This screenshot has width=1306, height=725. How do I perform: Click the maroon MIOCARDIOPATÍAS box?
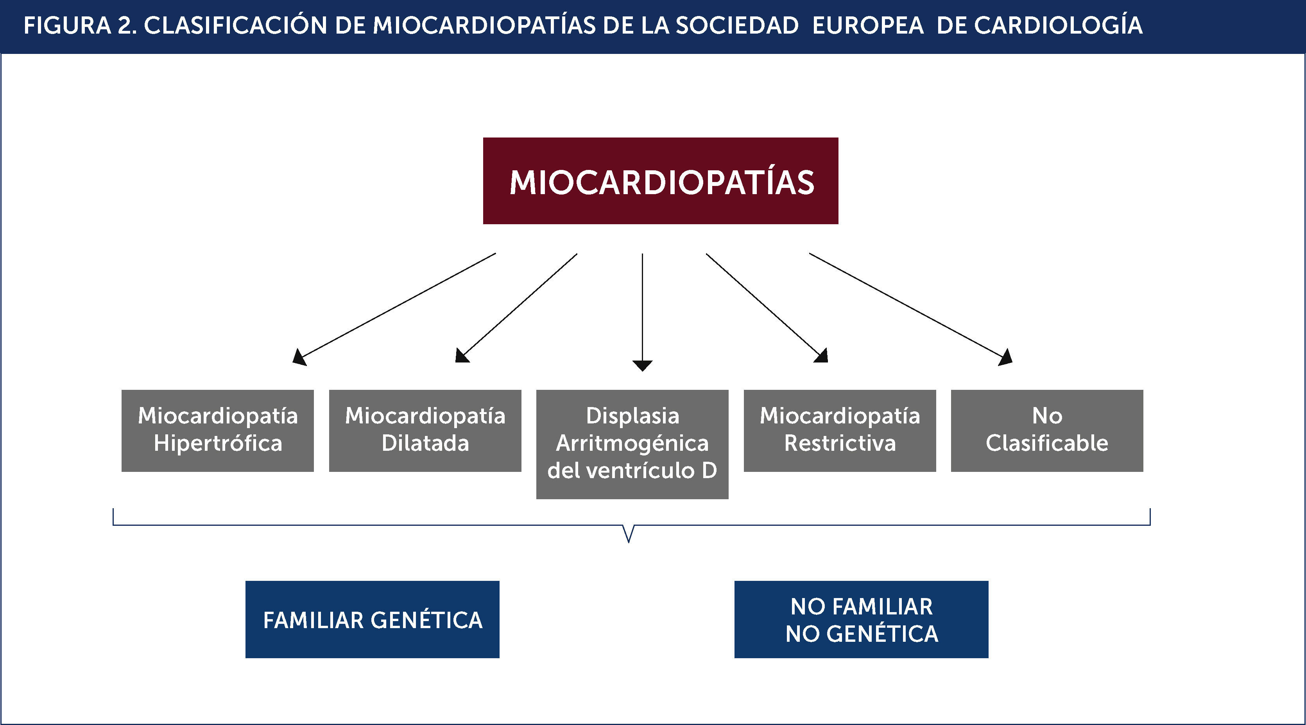[660, 180]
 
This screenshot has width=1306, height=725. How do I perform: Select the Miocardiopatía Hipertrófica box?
[217, 430]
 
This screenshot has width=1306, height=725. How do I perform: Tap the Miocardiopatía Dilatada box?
[425, 430]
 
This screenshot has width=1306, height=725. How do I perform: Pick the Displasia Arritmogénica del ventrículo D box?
[632, 444]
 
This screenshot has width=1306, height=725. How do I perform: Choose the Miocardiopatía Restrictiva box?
[840, 430]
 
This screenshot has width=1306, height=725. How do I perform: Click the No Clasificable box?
[1047, 430]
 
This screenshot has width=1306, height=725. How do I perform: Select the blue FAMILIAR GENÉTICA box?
[372, 619]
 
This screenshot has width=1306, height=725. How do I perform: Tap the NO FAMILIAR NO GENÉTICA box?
[861, 619]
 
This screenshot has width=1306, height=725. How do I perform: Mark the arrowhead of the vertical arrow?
[642, 365]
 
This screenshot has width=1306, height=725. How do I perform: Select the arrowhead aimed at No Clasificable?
[1006, 358]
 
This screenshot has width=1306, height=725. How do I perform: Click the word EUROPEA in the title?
[868, 25]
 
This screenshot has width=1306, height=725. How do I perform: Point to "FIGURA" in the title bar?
[67, 25]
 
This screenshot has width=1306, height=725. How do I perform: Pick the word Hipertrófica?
[217, 443]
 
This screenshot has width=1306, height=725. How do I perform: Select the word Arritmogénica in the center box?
[632, 443]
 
